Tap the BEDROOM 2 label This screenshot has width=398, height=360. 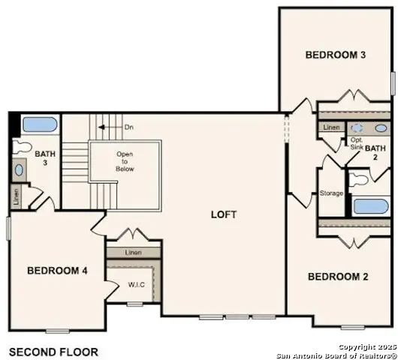tap(338, 277)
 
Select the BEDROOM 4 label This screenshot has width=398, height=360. tap(58, 271)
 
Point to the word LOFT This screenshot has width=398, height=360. tap(224, 214)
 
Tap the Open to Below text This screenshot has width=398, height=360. tap(125, 162)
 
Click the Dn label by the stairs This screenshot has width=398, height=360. tap(129, 127)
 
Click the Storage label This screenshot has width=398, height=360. tap(331, 193)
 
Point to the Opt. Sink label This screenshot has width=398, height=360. tap(357, 143)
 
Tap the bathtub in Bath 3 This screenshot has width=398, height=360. tap(38, 124)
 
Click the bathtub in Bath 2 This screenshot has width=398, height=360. tap(372, 207)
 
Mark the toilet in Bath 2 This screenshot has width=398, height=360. tap(360, 179)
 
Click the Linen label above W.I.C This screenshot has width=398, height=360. tap(133, 253)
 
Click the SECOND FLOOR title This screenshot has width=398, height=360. tap(53, 351)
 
